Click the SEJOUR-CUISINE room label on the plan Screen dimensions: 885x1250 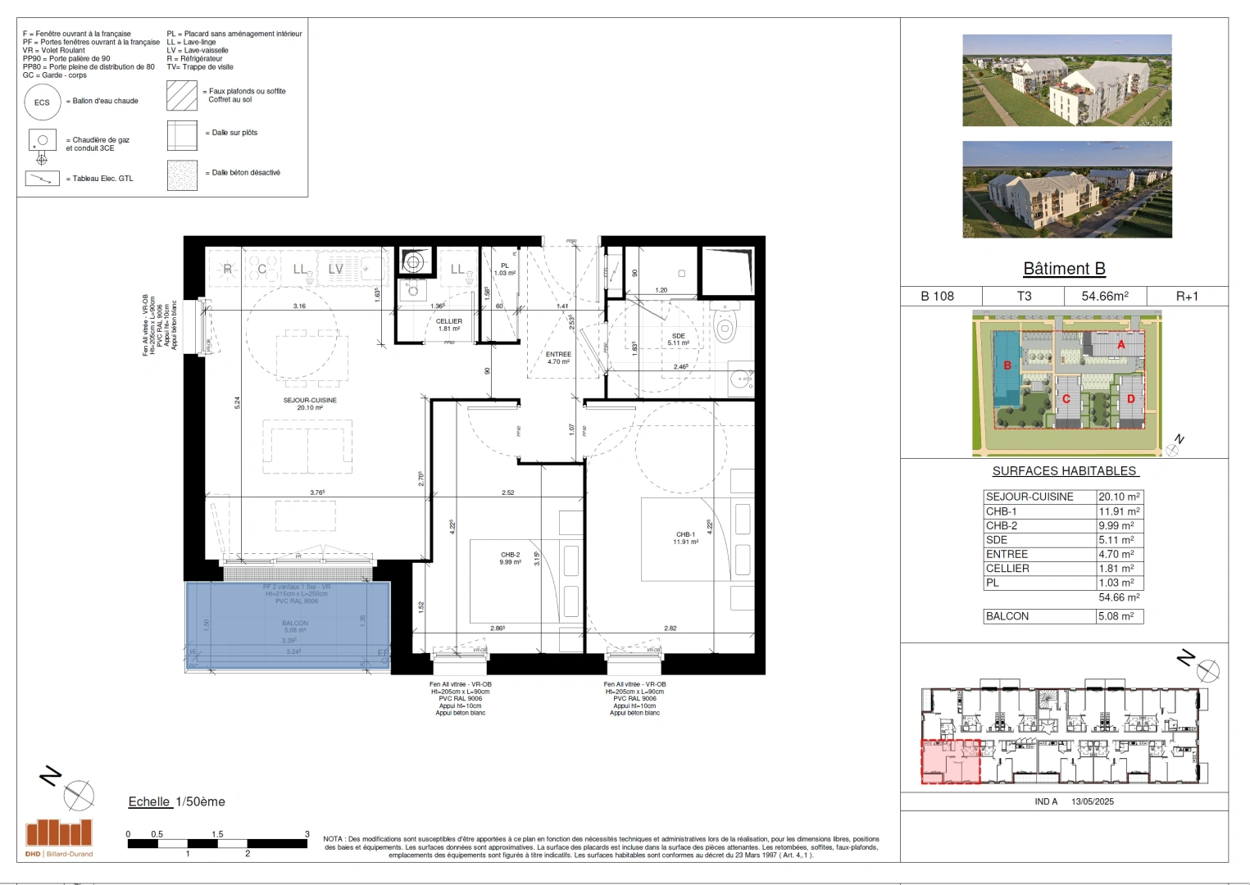pyautogui.click(x=310, y=401)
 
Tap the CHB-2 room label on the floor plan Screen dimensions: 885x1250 pyautogui.click(x=511, y=556)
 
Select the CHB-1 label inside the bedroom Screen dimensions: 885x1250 pyautogui.click(x=685, y=535)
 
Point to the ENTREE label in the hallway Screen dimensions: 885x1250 pyautogui.click(x=558, y=355)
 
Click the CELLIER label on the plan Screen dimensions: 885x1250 pyautogui.click(x=448, y=322)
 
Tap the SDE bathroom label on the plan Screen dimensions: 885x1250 pyautogui.click(x=678, y=337)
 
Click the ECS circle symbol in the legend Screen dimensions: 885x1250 pyautogui.click(x=42, y=102)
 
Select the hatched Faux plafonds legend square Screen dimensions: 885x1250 pyautogui.click(x=182, y=95)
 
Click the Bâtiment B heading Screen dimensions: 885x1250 pyautogui.click(x=1064, y=269)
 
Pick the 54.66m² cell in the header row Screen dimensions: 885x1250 pyautogui.click(x=1104, y=296)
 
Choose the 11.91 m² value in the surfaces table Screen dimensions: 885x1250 pyautogui.click(x=1119, y=511)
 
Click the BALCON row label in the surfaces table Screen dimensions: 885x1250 pyautogui.click(x=1007, y=616)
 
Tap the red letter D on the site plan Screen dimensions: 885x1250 pyautogui.click(x=1131, y=399)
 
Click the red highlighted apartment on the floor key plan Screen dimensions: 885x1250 pyautogui.click(x=950, y=761)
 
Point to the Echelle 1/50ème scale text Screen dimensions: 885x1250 pyautogui.click(x=176, y=801)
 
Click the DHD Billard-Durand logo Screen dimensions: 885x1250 pyautogui.click(x=59, y=837)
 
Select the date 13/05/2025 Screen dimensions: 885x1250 pyautogui.click(x=1092, y=801)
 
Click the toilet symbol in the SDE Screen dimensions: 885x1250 pyautogui.click(x=725, y=327)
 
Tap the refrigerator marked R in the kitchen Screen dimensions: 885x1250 pyautogui.click(x=228, y=269)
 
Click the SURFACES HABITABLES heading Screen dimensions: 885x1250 pyautogui.click(x=1064, y=471)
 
